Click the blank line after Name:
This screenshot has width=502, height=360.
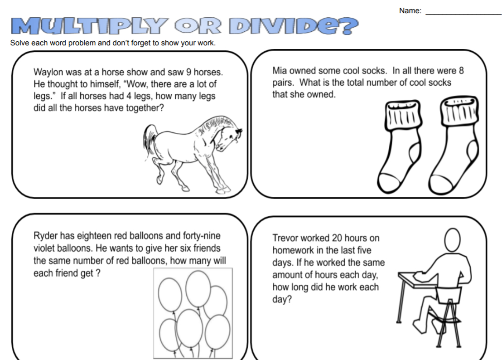[463, 13]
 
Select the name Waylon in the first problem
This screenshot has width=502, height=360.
[48, 73]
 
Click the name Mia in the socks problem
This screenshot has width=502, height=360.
[279, 71]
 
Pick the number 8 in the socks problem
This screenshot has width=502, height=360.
[461, 71]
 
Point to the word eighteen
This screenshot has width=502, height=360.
[95, 236]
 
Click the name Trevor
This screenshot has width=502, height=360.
[285, 238]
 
